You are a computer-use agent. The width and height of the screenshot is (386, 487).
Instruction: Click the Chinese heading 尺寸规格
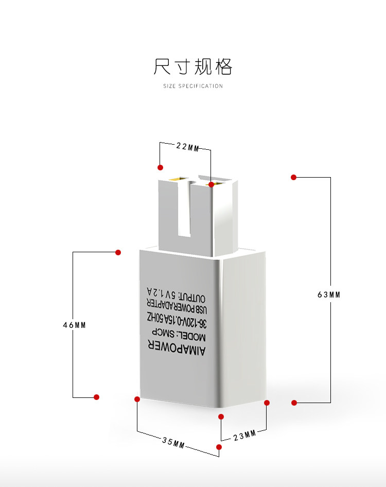point(193,67)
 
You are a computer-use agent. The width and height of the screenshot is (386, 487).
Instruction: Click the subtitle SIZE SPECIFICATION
point(193,86)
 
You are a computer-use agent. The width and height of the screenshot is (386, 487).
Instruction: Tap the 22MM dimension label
point(187,147)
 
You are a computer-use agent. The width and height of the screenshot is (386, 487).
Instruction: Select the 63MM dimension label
point(329,295)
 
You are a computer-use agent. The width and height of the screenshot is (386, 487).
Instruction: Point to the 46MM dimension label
point(74,325)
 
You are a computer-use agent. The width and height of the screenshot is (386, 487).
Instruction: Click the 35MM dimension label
point(173,442)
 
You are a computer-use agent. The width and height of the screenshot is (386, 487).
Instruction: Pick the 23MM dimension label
point(244,436)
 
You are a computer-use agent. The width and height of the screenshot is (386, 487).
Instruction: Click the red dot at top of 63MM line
point(294,177)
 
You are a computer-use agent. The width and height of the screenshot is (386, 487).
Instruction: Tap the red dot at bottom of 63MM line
point(294,403)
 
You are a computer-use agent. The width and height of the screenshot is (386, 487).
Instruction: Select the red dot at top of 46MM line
point(118,252)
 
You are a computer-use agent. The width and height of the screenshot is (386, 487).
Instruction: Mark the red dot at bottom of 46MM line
point(96,397)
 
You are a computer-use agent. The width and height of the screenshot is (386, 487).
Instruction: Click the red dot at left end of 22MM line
point(161,167)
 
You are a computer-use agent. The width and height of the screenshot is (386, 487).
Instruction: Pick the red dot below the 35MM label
point(219,447)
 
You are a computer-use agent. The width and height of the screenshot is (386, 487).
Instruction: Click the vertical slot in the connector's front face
point(183,211)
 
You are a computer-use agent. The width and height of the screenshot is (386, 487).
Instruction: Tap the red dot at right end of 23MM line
point(267,403)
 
